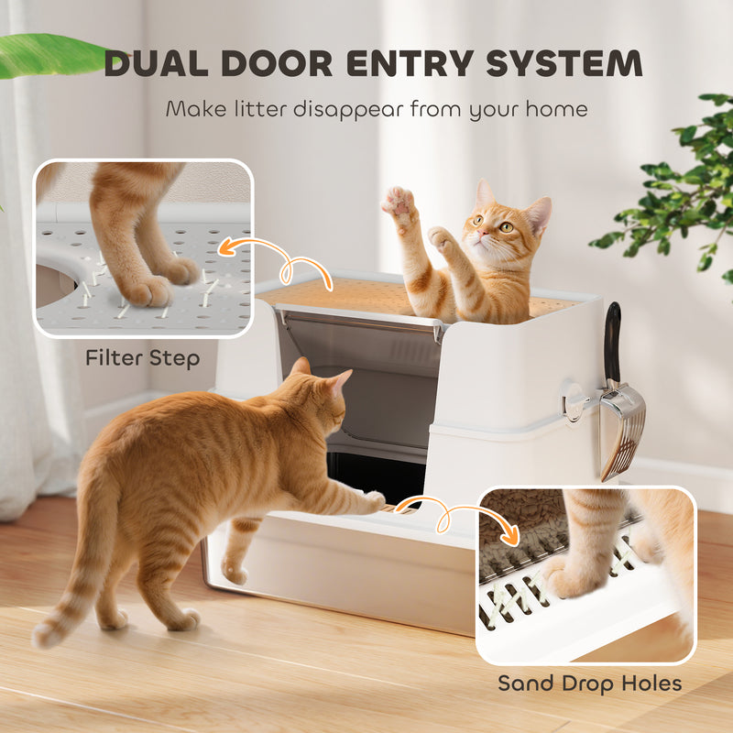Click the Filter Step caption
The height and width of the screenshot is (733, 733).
tap(142, 357)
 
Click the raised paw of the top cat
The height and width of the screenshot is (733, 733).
tap(398, 201)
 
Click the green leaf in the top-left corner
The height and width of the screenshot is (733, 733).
tap(46, 55)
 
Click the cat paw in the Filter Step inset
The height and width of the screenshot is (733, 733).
tap(147, 289)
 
